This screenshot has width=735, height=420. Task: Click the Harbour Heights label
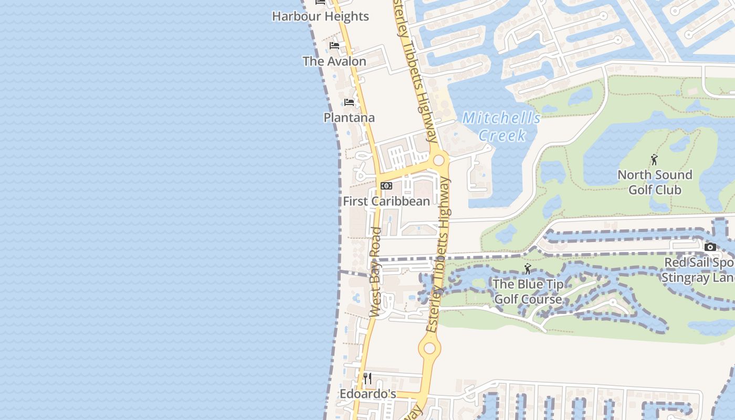tap(320, 16)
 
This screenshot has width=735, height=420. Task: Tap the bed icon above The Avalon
tap(334, 46)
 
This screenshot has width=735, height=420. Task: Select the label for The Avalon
tap(334, 61)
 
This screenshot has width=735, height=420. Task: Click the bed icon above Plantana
tap(349, 102)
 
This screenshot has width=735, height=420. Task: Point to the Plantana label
tap(349, 118)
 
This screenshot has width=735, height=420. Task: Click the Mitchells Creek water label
tap(501, 127)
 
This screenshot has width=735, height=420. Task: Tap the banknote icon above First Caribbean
tap(386, 186)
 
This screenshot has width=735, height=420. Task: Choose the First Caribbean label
tap(386, 201)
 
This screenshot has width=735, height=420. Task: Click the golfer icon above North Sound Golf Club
tap(654, 160)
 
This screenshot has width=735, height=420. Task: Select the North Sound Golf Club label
tap(655, 182)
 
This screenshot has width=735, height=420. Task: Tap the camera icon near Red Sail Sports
tap(710, 247)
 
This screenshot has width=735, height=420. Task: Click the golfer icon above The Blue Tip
tap(528, 269)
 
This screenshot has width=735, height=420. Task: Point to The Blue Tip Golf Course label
tap(528, 292)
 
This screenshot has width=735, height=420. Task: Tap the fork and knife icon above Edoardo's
tap(367, 379)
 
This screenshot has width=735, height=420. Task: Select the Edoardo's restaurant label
tap(367, 394)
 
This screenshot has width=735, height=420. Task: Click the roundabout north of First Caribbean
tap(438, 160)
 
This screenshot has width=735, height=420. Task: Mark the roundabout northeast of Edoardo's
tap(430, 348)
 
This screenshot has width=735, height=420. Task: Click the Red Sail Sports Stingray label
tap(698, 270)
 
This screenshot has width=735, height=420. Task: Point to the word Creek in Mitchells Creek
tap(502, 135)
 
